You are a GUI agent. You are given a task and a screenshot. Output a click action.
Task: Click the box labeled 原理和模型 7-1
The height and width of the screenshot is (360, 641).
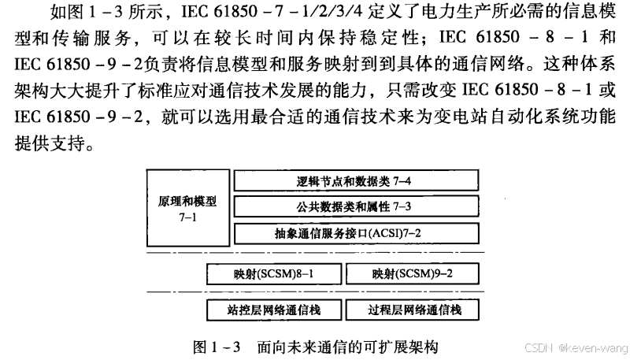(x=187, y=208)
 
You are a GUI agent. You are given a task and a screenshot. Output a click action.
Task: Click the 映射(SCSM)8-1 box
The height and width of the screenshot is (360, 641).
(x=272, y=274)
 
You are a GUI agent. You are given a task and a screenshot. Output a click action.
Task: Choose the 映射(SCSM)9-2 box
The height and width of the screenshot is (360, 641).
(x=413, y=274)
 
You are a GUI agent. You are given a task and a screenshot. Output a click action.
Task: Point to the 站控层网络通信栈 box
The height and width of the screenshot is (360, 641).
(x=272, y=310)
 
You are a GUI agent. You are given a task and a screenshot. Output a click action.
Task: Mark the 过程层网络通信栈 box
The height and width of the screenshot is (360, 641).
(x=413, y=310)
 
